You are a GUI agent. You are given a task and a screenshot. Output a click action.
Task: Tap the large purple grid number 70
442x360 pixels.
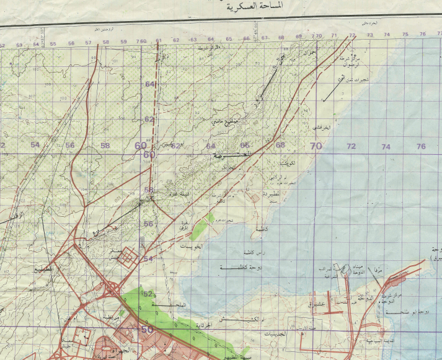(316, 147)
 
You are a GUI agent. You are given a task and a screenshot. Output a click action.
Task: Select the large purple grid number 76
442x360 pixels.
(422, 147)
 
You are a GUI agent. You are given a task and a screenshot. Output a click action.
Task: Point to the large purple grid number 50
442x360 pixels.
(147, 330)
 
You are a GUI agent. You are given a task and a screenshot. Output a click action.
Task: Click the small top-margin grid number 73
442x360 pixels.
(370, 35)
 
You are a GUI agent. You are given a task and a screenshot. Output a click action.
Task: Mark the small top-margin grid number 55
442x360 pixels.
(53, 44)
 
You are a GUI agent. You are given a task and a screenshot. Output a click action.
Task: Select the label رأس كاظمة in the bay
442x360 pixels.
(239, 253)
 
